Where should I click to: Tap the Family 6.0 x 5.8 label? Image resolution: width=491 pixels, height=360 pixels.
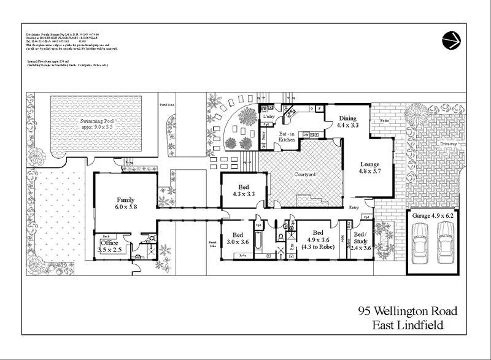point(126,204)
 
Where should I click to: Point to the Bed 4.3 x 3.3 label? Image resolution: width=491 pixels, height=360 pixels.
point(244,190)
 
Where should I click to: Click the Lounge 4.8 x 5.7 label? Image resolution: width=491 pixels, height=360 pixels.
point(369,168)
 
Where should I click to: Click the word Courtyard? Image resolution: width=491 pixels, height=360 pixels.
point(304,175)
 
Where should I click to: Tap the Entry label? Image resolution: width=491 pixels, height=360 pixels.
point(354,209)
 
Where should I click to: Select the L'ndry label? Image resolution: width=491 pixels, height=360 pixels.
point(268,116)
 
